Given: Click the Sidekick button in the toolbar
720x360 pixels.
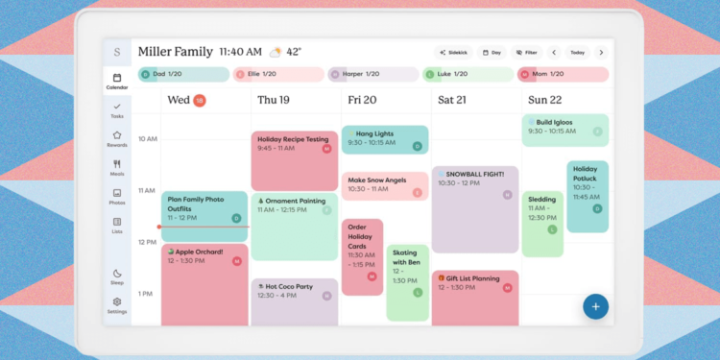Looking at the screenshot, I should point(453,53).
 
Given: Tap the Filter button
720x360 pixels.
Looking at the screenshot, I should point(524,53).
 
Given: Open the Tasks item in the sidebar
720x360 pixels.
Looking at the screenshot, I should point(117,109).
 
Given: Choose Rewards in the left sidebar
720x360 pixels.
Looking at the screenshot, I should point(117,139).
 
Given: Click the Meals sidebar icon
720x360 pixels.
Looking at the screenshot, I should point(117,168).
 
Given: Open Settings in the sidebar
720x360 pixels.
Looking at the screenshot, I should point(117,305).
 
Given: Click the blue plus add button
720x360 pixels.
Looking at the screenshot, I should point(595,306).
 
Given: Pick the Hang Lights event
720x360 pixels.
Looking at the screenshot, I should point(384,139).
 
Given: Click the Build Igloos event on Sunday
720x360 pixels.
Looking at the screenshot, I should point(564,130).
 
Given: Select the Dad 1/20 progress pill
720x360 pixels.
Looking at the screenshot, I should point(182,74).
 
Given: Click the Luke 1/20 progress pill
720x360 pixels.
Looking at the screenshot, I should point(467,74).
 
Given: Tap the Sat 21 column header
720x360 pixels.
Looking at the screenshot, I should point(450,100).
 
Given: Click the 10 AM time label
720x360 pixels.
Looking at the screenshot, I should point(147,139).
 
